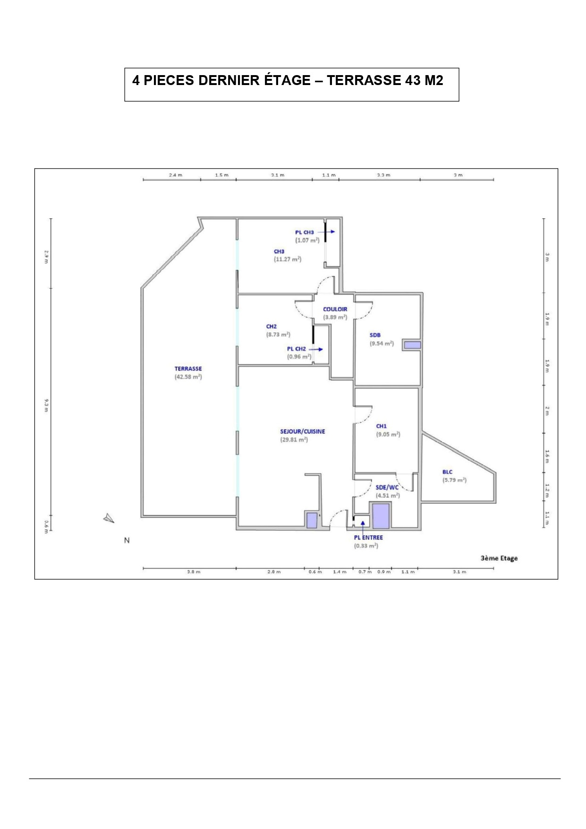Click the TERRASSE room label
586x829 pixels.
tap(188, 369)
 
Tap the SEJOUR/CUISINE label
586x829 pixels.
tap(303, 431)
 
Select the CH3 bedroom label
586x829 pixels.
tap(279, 251)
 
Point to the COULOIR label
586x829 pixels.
tap(335, 309)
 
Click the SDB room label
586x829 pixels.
tap(375, 335)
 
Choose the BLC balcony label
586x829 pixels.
tap(448, 472)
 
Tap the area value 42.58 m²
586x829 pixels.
tap(188, 377)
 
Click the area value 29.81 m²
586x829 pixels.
tap(294, 440)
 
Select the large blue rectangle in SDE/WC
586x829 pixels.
tap(381, 516)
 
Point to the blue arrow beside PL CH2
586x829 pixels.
tap(316, 350)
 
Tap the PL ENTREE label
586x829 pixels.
tap(368, 538)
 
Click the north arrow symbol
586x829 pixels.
tap(109, 518)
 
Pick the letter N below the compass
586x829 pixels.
tap(127, 540)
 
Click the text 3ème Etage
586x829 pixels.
tap(499, 558)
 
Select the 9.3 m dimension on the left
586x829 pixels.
tap(46, 405)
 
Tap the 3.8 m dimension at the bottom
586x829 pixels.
tap(194, 572)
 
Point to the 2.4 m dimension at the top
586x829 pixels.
tap(176, 175)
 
